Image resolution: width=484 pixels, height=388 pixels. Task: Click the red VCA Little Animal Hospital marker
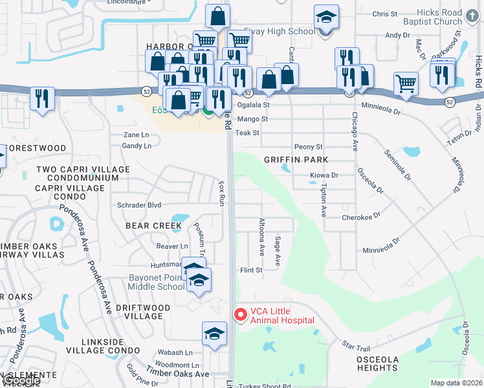[x=240, y=315]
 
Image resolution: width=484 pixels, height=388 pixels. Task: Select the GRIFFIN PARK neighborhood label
[x=296, y=159]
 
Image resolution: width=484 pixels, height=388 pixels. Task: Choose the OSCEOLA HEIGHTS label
[x=377, y=363]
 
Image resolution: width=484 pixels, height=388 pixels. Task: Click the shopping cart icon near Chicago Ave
[x=406, y=82]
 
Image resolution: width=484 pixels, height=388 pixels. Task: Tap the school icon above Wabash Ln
[x=214, y=334]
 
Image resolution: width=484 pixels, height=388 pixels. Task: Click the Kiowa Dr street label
[x=324, y=175]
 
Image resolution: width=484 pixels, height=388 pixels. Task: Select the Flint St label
[x=251, y=270]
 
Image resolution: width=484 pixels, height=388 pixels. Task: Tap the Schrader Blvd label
[x=139, y=204]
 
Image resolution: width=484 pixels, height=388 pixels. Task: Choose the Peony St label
[x=308, y=147]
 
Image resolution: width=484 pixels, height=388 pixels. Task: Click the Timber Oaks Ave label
[x=177, y=374]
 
